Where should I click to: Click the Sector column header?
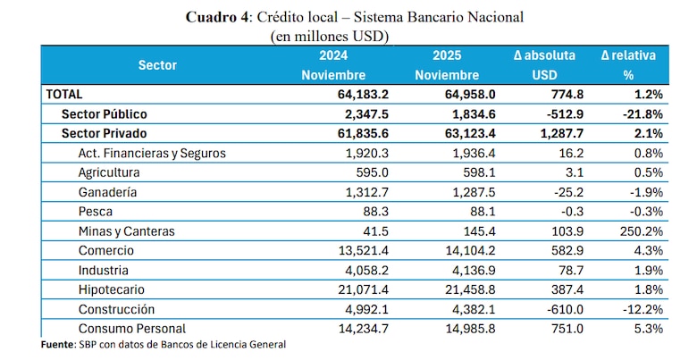[x=157, y=65]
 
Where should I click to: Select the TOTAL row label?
[x=63, y=94]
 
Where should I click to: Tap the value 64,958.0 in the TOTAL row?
[x=451, y=94]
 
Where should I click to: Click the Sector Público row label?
[x=104, y=114]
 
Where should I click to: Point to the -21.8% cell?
[x=642, y=114]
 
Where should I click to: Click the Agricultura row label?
[x=110, y=172]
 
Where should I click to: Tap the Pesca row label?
[x=96, y=212]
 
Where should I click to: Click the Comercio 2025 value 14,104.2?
[x=451, y=251]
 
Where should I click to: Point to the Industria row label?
[x=104, y=270]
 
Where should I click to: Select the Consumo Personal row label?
[x=132, y=328]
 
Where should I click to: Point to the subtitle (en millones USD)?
[x=329, y=36]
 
